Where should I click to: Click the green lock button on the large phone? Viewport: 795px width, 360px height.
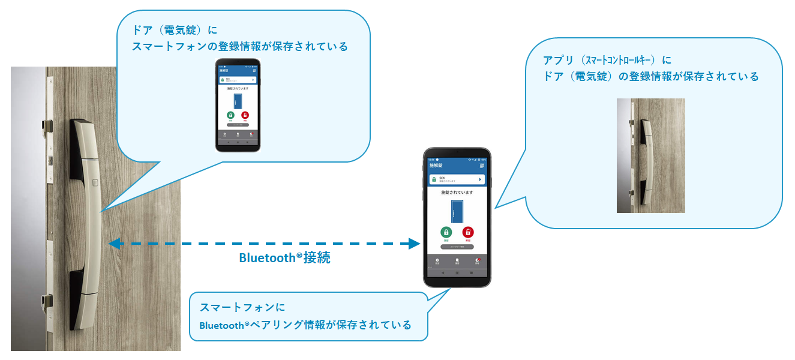[x=446, y=232]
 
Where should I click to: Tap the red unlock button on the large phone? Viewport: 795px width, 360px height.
[x=468, y=232]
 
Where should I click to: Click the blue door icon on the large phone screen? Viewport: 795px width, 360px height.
[x=457, y=211]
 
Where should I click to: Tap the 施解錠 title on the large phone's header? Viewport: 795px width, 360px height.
[x=437, y=165]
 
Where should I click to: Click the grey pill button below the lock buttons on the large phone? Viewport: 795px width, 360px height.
[x=457, y=247]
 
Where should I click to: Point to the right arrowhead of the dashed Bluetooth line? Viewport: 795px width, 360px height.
[x=414, y=244]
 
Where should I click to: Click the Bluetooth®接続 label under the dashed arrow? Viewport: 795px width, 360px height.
[x=284, y=259]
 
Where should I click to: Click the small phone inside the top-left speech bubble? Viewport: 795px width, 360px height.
[x=238, y=106]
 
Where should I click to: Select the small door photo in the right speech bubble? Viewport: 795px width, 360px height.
[x=650, y=155]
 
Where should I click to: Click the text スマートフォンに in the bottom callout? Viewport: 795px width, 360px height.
[x=242, y=307]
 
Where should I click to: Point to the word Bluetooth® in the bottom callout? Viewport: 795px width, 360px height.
[x=223, y=325]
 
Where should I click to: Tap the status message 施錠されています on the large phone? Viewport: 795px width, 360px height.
[x=457, y=193]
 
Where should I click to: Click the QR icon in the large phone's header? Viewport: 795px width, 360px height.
[x=482, y=165]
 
